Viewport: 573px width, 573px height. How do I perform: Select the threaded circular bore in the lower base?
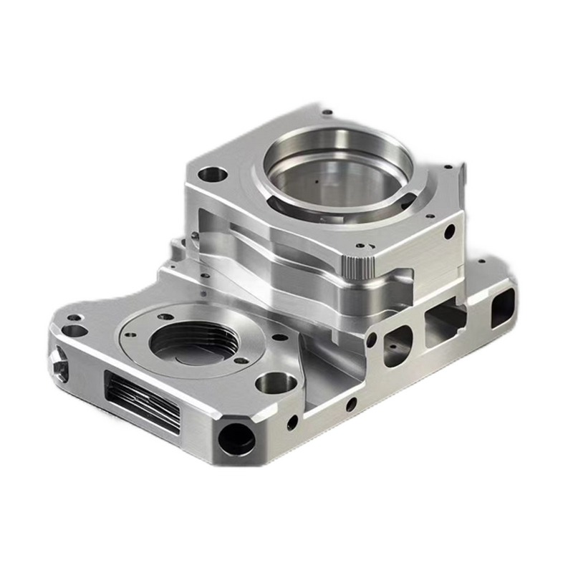click(193, 341)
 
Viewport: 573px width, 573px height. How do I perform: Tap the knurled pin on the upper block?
click(357, 266)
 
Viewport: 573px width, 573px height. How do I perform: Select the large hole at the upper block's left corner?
click(212, 174)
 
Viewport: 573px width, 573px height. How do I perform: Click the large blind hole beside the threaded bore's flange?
click(276, 383)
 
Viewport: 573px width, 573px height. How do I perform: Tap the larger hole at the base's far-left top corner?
click(74, 331)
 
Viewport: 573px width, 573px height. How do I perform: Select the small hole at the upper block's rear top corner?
click(327, 112)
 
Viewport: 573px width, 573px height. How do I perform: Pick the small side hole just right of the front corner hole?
click(292, 422)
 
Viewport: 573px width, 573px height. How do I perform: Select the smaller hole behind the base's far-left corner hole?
click(74, 317)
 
